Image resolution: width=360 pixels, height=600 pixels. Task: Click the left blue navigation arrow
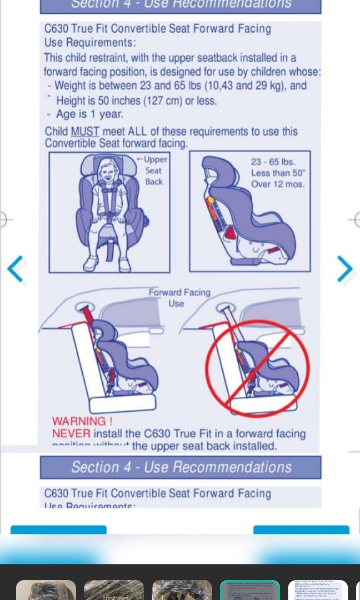[16, 269]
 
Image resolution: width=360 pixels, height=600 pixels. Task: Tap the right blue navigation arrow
[344, 269]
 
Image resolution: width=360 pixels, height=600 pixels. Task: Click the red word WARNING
[82, 422]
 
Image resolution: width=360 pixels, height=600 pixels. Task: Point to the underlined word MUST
[85, 132]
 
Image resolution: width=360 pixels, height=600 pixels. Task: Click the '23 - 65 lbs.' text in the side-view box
[273, 162]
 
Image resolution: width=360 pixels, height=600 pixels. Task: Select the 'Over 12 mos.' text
[277, 184]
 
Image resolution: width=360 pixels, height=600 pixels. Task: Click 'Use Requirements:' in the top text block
[90, 43]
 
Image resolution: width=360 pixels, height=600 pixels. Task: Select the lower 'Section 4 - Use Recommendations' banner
[181, 467]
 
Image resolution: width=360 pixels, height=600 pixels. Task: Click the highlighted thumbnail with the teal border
[249, 590]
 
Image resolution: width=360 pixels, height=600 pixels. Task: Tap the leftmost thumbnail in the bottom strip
[46, 590]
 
